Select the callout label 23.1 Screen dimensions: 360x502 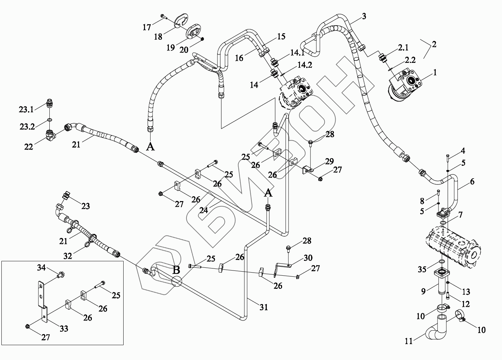pyautogui.click(x=27, y=110)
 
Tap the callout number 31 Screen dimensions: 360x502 pyautogui.click(x=263, y=307)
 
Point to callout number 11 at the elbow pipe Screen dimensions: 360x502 pyautogui.click(x=408, y=342)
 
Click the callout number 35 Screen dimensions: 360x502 pyautogui.click(x=422, y=269)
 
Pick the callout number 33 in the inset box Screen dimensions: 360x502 pyautogui.click(x=64, y=329)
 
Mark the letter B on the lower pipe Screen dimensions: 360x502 pyautogui.click(x=176, y=269)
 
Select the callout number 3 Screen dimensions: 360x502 pyautogui.click(x=364, y=16)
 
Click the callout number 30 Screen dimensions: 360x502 pyautogui.click(x=308, y=258)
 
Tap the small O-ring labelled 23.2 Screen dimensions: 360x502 pyautogui.click(x=49, y=120)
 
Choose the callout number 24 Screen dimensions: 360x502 pyautogui.click(x=203, y=210)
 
